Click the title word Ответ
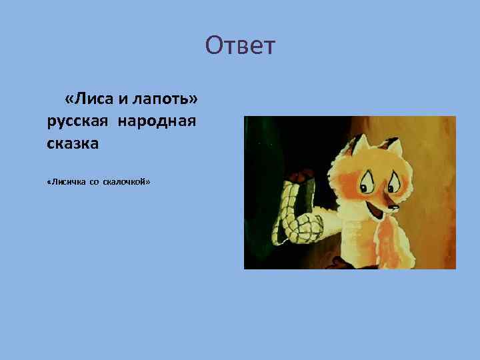(x=240, y=46)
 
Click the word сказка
(x=73, y=143)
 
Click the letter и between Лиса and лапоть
(x=123, y=99)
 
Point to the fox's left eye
(x=368, y=179)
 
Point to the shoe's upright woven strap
(x=292, y=200)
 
